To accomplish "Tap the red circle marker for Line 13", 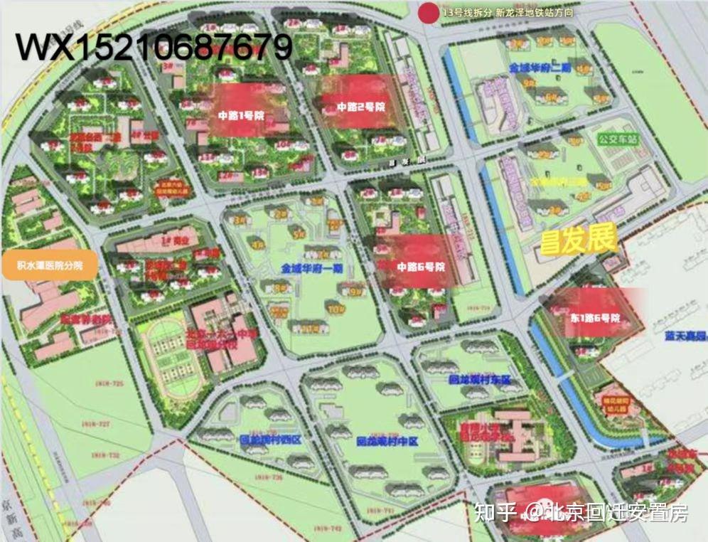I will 428,12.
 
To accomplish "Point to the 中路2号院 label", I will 360,107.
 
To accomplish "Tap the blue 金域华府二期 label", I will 540,68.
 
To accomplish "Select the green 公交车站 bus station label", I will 618,139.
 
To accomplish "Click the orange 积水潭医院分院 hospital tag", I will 50,265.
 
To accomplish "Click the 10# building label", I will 335,309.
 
